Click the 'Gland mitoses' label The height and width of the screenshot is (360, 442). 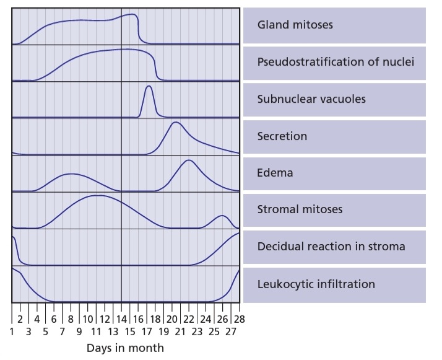coord(295,25)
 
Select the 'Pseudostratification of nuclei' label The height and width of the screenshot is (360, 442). coord(336,62)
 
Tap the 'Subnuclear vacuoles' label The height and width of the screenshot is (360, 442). coord(311,99)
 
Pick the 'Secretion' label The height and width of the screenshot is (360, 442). coord(282,136)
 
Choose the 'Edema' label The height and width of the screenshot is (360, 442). coord(275,173)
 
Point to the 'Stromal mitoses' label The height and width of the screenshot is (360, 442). coord(300,209)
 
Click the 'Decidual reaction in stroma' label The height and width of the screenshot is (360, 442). coord(331,247)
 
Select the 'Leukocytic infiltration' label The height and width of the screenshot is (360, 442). coord(316,284)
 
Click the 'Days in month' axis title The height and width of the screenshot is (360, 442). coord(125,348)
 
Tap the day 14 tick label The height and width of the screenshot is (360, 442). coord(121,319)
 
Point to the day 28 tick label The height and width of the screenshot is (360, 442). coord(240,319)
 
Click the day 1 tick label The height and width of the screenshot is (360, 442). coord(12,331)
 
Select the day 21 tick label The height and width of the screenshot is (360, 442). coord(180,331)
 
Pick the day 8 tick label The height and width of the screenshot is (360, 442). coord(71,319)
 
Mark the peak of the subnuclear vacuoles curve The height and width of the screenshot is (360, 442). coord(149,86)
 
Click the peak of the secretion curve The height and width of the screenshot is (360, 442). coord(175,123)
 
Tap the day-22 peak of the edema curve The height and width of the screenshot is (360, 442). coord(189,160)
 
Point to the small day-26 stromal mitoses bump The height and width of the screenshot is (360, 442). coord(222,216)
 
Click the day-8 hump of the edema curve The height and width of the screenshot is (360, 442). coord(71,173)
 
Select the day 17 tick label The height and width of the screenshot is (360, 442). coord(147,331)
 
